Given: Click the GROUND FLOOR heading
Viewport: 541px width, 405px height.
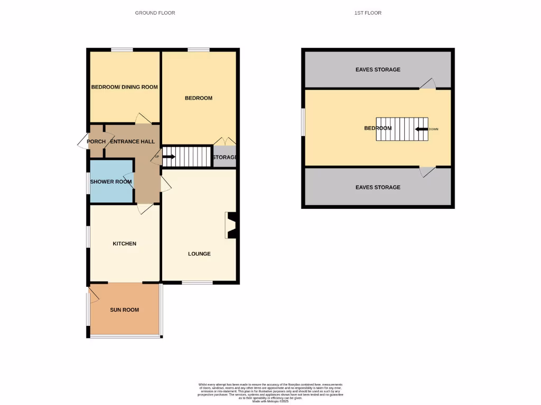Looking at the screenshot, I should [155, 13].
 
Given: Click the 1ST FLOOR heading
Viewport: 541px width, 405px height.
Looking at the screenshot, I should [368, 13].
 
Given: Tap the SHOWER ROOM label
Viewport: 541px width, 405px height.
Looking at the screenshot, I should [111, 182].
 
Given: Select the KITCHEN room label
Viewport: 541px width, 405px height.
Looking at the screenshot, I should [125, 244].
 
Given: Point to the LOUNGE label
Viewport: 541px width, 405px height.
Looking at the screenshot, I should [199, 254].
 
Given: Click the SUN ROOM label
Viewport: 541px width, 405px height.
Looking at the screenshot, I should [125, 310].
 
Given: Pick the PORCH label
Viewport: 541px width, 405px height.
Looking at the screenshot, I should [97, 141].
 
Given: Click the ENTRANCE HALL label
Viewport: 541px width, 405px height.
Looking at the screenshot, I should [133, 141].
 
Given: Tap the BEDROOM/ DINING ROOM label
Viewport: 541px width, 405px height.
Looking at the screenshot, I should [125, 87].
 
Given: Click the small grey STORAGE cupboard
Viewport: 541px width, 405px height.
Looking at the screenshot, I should [225, 157].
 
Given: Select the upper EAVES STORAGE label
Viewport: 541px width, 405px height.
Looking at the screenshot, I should [378, 70].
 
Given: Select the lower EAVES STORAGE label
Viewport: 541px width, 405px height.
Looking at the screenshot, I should [378, 187].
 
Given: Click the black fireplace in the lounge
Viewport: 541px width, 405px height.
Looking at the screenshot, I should [231, 225].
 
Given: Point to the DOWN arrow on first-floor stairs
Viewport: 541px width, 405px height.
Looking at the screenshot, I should [422, 129].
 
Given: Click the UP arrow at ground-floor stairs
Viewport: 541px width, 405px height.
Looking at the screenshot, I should [169, 157].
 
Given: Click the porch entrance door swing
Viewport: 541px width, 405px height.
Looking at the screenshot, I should [83, 141].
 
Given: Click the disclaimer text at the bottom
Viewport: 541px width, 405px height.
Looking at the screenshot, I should [270, 393].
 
